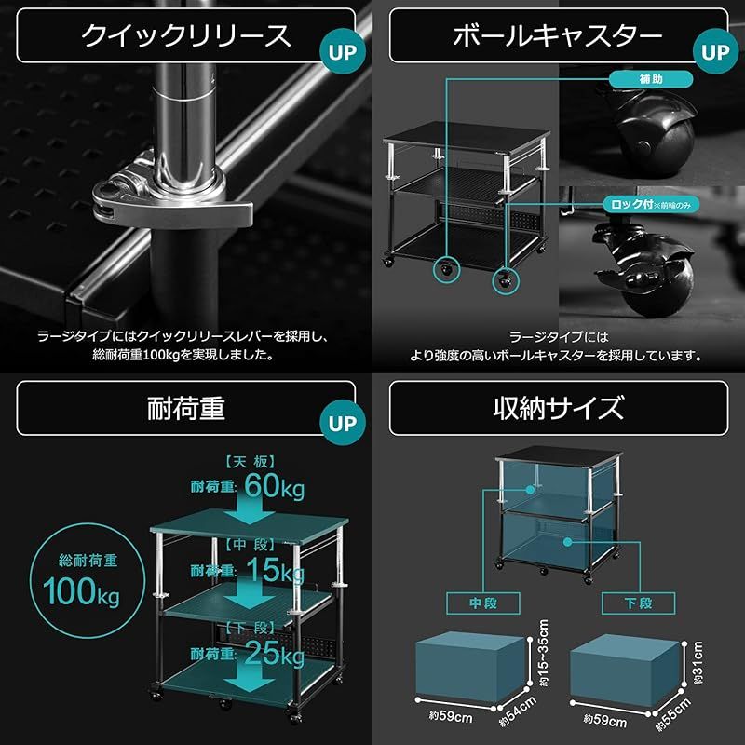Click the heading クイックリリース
tap(186, 36)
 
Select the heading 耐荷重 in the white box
tap(186, 408)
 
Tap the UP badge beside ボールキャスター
tap(715, 52)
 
